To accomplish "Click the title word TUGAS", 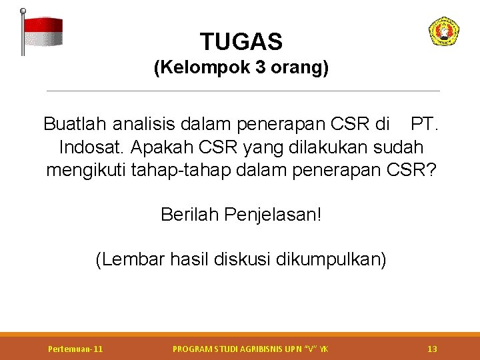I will click(241, 42).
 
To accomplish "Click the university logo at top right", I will click(443, 31).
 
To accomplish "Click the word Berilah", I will click(189, 215).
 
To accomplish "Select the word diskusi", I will click(242, 259).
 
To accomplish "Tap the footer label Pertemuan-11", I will click(75, 349).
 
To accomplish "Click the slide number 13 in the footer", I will click(432, 349).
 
